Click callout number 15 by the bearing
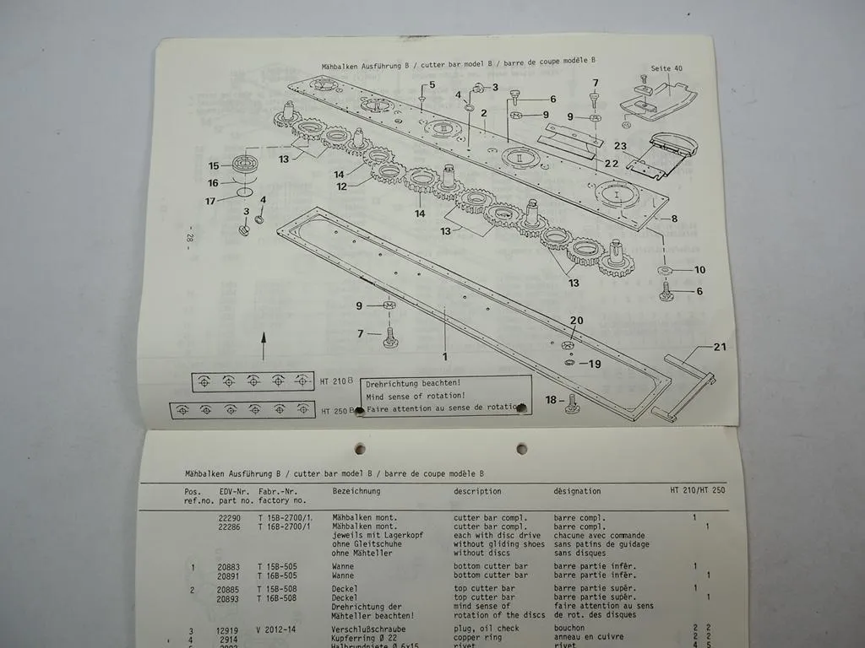[214, 166]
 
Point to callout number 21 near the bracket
[719, 347]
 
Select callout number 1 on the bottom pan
[445, 356]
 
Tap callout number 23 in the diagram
[620, 145]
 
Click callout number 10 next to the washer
[699, 270]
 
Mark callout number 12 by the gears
[341, 186]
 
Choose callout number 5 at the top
[432, 85]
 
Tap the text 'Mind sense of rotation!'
[416, 395]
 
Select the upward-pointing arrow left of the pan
[263, 345]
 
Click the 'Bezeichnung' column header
[356, 491]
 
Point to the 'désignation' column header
[577, 491]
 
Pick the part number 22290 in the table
[229, 517]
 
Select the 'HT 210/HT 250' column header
[692, 491]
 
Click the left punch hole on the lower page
[360, 449]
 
